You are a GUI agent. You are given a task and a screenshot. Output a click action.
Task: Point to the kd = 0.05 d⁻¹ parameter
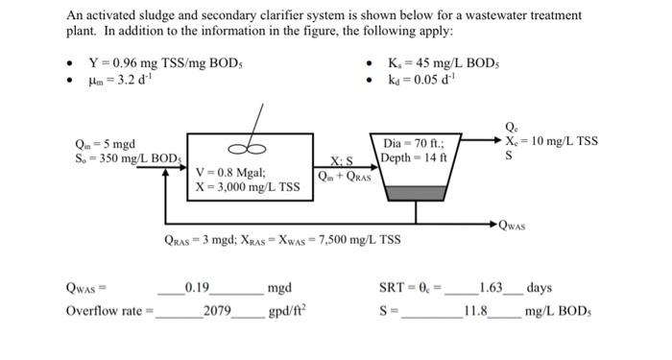(419, 81)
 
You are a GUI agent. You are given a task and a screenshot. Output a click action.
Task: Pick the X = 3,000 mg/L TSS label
(247, 187)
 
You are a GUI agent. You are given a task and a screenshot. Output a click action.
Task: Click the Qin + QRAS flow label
(343, 175)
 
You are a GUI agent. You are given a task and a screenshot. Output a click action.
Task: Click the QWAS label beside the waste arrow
(516, 226)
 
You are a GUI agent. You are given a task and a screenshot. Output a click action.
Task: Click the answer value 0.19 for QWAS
(198, 287)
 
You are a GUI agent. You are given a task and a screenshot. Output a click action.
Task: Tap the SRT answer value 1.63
(491, 287)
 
